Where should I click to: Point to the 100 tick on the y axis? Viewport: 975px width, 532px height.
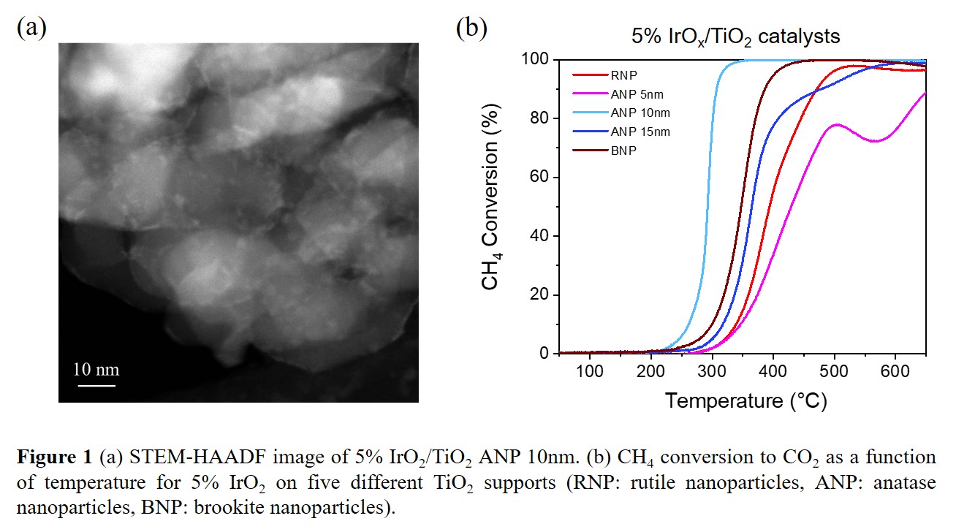point(536,59)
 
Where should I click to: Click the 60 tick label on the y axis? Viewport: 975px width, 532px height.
point(541,178)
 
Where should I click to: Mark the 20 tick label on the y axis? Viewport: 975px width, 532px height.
point(541,295)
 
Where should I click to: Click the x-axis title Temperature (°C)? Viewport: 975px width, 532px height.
point(745,400)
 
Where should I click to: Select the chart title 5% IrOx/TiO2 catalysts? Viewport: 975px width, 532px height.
point(736,35)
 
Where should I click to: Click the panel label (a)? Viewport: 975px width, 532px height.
point(31,28)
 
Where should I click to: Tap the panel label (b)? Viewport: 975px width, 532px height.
point(472,28)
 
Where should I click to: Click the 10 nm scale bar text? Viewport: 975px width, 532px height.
point(96,369)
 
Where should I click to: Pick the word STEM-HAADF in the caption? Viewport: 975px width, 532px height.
point(170,458)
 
